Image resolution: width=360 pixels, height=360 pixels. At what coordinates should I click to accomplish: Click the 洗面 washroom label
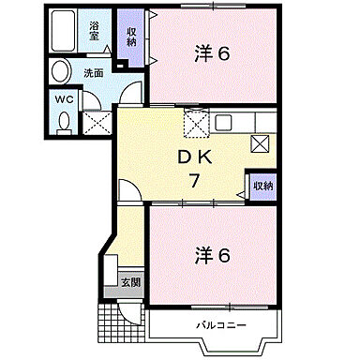(x=94, y=72)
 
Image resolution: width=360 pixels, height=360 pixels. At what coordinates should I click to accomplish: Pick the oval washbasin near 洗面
(x=61, y=71)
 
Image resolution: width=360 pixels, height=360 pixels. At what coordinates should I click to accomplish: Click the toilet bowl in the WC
(x=64, y=122)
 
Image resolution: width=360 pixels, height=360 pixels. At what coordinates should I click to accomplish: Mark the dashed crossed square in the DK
(x=195, y=122)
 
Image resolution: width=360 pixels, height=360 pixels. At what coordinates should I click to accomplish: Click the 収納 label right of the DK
(x=262, y=187)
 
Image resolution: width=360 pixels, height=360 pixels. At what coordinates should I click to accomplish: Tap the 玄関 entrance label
(x=129, y=281)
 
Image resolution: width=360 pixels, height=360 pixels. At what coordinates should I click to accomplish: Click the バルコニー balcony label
(x=220, y=324)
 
